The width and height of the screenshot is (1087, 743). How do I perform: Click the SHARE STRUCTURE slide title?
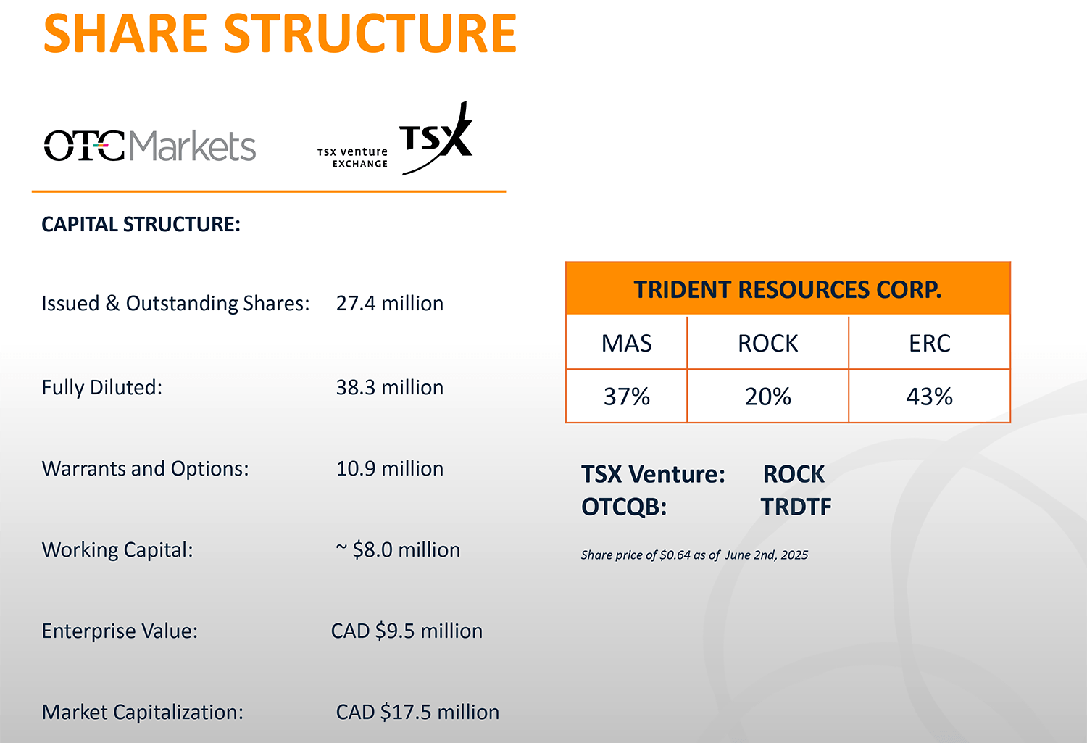point(280,34)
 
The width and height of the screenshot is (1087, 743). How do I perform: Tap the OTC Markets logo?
point(150,146)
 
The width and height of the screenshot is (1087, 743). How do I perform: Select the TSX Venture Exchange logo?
point(395,138)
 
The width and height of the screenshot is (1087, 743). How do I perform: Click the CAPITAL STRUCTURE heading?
point(141,224)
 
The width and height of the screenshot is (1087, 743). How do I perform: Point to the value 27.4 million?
point(390,303)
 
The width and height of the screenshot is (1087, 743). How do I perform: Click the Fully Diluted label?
point(102,388)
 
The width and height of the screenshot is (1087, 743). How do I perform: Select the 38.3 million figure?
point(390,388)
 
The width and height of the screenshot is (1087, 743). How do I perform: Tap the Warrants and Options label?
point(145,469)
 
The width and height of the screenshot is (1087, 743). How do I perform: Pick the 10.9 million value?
point(390,469)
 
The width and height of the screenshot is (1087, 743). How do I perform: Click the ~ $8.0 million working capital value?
point(398,550)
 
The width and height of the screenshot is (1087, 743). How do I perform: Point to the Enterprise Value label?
point(120,631)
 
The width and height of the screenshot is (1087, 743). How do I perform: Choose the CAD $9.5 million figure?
point(407,631)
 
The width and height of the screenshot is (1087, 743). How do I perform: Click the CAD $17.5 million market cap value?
point(417,712)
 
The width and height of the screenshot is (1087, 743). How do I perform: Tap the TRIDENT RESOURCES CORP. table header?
point(788,289)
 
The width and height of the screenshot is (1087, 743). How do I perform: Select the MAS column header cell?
point(627,343)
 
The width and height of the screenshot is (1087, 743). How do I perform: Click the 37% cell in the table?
point(627,396)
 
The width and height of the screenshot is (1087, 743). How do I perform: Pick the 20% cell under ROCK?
point(767,396)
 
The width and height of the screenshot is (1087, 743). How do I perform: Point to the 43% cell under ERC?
point(929,396)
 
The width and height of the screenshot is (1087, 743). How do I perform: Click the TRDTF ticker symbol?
point(796,507)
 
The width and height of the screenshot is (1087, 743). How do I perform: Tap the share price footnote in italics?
point(694,555)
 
